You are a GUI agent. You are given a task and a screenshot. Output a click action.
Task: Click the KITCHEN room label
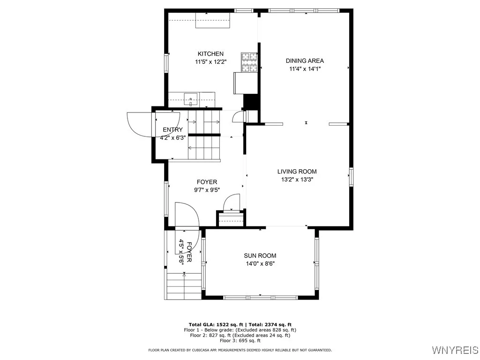pyautogui.click(x=210, y=54)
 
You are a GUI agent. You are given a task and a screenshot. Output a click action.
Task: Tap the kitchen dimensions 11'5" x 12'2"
pyautogui.click(x=210, y=62)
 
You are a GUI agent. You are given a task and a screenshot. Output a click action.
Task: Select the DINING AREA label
pyautogui.click(x=305, y=60)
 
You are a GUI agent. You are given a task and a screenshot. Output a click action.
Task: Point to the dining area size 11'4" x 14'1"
pyautogui.click(x=305, y=68)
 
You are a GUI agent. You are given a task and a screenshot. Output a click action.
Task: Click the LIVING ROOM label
pyautogui.click(x=297, y=172)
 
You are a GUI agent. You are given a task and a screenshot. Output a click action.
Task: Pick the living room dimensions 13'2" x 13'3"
pyautogui.click(x=297, y=179)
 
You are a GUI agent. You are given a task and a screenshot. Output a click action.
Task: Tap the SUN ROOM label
pyautogui.click(x=260, y=255)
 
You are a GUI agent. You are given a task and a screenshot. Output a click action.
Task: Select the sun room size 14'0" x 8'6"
pyautogui.click(x=260, y=263)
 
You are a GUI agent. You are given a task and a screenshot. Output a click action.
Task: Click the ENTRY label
pyautogui.click(x=172, y=130)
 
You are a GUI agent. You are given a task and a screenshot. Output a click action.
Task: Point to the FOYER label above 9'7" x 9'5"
pyautogui.click(x=207, y=182)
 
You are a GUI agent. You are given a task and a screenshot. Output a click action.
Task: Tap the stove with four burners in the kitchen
pyautogui.click(x=249, y=62)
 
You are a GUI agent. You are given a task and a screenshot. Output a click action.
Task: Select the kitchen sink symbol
pyautogui.click(x=191, y=99)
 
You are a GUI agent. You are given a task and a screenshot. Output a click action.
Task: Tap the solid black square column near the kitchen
pyautogui.click(x=251, y=102)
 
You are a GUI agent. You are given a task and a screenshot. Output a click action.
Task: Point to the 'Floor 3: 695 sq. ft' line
pyautogui.click(x=240, y=341)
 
